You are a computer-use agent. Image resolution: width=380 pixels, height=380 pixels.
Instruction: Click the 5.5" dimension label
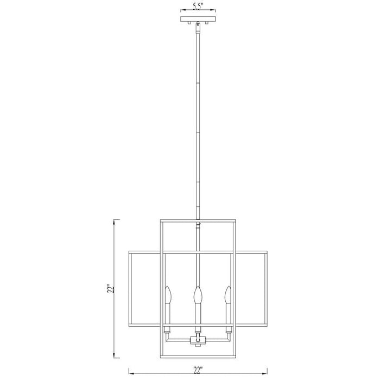pyautogui.click(x=198, y=7)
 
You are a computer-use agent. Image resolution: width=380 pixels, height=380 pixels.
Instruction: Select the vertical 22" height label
pyautogui.click(x=111, y=289)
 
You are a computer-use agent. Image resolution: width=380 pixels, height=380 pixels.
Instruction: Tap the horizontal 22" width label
pyautogui.click(x=198, y=371)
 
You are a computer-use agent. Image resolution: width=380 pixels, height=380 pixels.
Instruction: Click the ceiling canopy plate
pyautogui.click(x=198, y=19)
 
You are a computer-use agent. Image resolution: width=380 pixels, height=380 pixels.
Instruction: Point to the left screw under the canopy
pyautogui.click(x=189, y=23)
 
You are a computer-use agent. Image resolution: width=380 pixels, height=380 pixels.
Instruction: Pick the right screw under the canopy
pyautogui.click(x=207, y=23)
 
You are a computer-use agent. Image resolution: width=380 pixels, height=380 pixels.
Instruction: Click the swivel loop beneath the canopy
pyautogui.click(x=198, y=24)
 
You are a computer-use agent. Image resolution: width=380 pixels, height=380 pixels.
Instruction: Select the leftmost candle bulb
pyautogui.click(x=168, y=295)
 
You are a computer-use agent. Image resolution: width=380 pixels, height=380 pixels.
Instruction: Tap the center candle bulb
pyautogui.click(x=198, y=295)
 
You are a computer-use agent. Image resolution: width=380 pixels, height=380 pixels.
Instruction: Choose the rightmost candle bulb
pyautogui.click(x=228, y=295)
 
